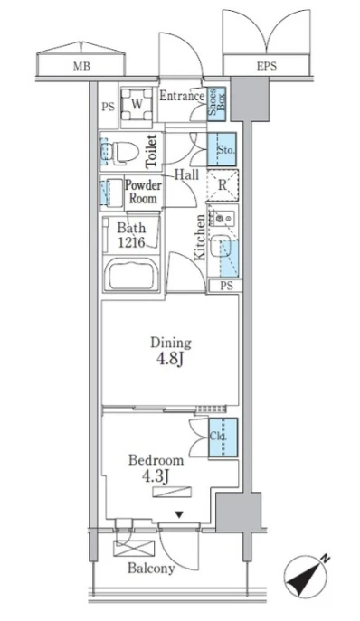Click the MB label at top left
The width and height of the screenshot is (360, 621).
point(81,66)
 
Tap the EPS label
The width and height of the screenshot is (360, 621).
point(267,66)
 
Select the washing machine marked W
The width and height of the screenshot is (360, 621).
point(137,104)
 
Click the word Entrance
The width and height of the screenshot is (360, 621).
point(182,96)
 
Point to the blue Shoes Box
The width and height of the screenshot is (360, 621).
point(216,103)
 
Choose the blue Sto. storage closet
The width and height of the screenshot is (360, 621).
point(222,149)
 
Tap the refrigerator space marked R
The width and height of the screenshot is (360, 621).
point(223,185)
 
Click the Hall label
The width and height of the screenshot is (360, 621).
point(186,174)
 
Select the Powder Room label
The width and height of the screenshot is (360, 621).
point(143,192)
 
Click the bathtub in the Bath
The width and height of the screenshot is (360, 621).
point(131,274)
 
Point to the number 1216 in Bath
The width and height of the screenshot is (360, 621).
point(131,242)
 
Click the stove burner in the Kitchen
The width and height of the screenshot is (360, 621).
point(227,217)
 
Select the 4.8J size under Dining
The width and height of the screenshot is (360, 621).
point(171,360)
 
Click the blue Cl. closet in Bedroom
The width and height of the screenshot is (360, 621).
point(223,438)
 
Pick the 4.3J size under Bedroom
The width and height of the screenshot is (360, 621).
point(156,475)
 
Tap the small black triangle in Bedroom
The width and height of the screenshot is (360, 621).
point(179,514)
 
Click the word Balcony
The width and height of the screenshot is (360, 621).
point(151,569)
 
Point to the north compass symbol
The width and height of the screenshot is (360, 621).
point(307,576)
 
